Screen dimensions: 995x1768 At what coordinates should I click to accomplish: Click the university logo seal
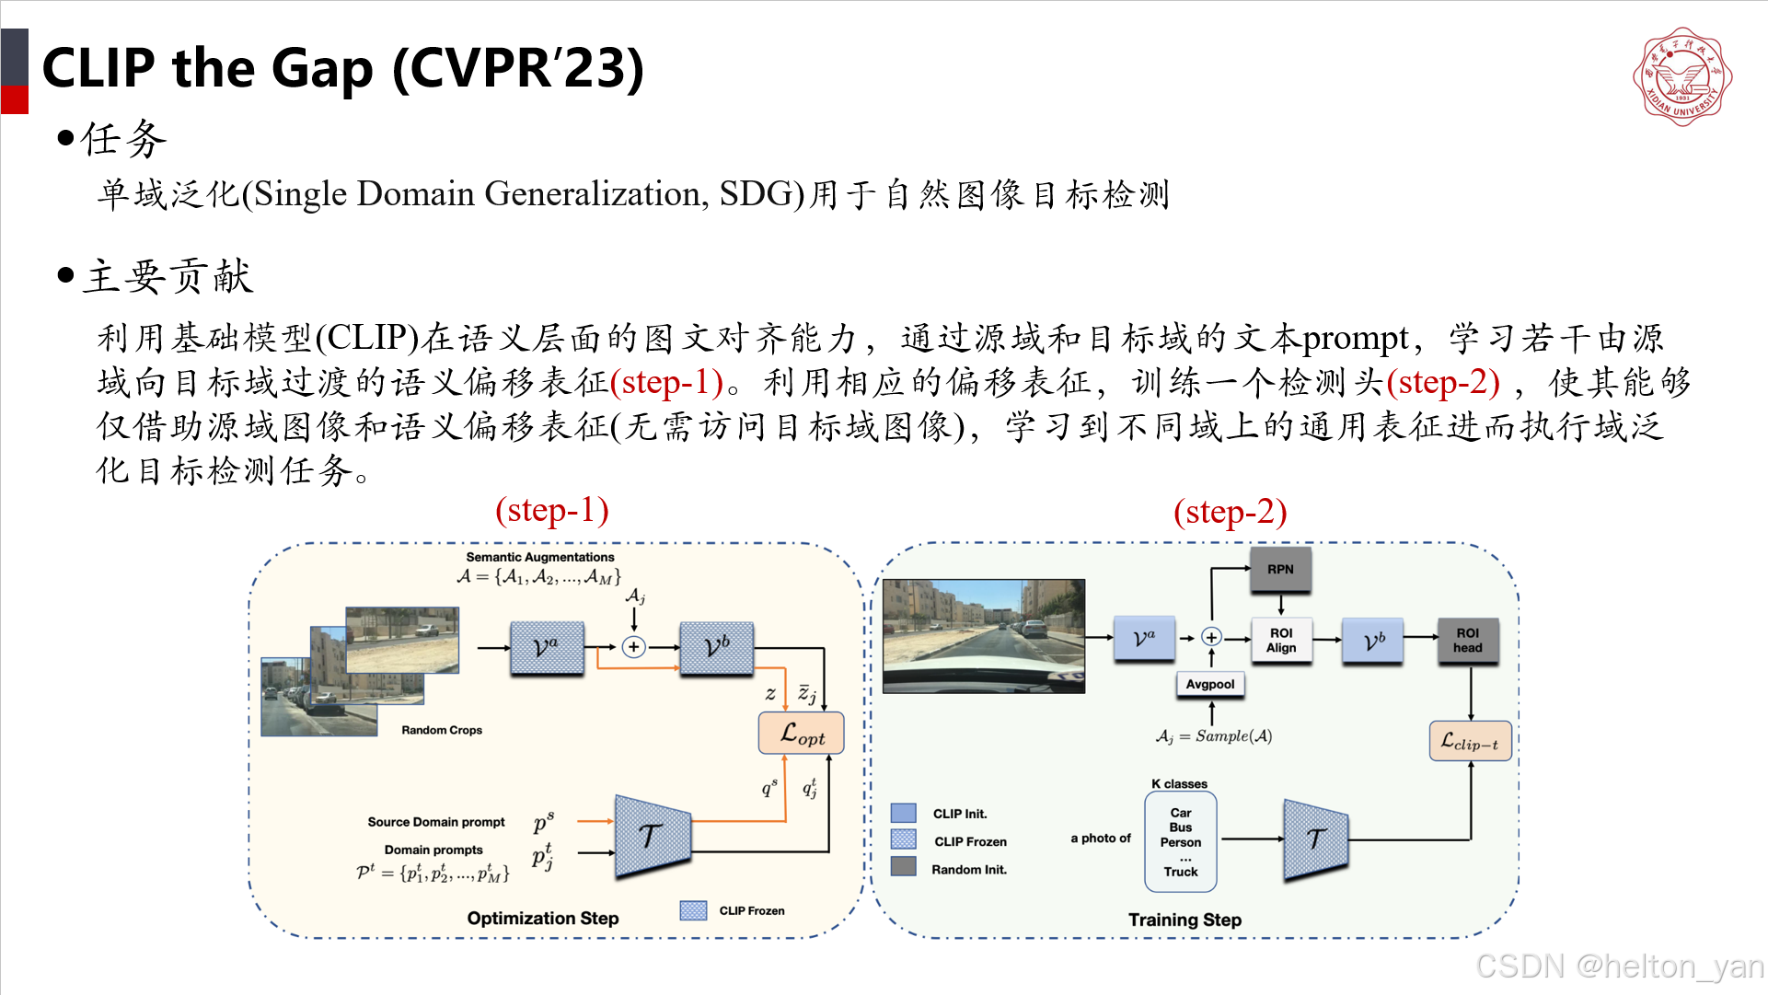coord(1681,76)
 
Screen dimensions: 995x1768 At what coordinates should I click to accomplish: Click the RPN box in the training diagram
coord(1279,569)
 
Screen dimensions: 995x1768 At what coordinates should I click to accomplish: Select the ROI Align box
coord(1280,640)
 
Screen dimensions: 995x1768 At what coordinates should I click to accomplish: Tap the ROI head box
coord(1467,640)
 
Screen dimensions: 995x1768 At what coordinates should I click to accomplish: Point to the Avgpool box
coord(1209,684)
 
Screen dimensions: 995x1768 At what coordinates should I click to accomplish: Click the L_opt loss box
coord(801,734)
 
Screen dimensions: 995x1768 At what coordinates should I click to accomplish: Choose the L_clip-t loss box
coord(1469,742)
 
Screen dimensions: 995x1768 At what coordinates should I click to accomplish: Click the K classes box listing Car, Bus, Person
coord(1180,842)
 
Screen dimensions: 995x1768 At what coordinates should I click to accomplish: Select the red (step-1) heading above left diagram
coord(551,510)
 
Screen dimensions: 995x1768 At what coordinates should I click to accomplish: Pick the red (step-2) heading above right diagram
coord(1230,512)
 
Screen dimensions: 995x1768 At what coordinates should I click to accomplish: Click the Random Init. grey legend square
coord(903,867)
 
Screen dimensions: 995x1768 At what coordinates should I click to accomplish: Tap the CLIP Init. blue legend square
coord(903,813)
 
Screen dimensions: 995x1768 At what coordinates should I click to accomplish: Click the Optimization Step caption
coord(542,918)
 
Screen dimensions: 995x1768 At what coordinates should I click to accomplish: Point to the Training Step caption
coord(1184,920)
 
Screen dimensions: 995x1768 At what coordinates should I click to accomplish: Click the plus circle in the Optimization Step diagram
coord(633,647)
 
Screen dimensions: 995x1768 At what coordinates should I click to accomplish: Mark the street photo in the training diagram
coord(983,635)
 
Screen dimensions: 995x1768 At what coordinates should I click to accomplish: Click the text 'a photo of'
coord(1100,839)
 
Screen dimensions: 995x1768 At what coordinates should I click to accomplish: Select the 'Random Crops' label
coord(441,730)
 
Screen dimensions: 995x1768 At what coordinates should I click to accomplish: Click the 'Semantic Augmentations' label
coord(539,557)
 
